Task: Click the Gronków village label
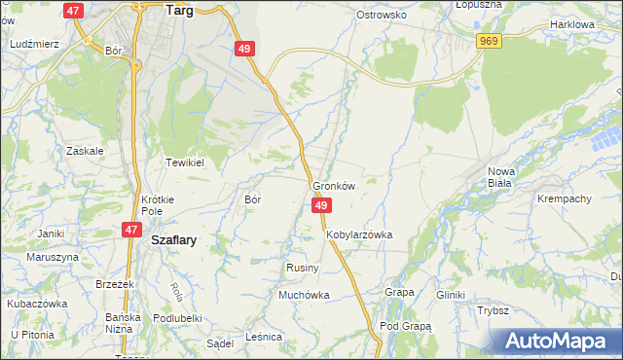(x=335, y=185)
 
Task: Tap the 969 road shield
(x=489, y=40)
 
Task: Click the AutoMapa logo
(x=561, y=341)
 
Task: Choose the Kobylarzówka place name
(x=359, y=234)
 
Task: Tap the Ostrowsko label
(x=381, y=16)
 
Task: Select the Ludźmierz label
(x=34, y=44)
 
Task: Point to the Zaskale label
(x=85, y=151)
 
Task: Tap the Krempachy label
(x=565, y=198)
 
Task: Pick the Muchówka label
(x=305, y=294)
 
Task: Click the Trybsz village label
(x=494, y=310)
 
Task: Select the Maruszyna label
(x=52, y=257)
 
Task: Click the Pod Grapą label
(x=406, y=326)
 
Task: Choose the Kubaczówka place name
(x=38, y=303)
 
